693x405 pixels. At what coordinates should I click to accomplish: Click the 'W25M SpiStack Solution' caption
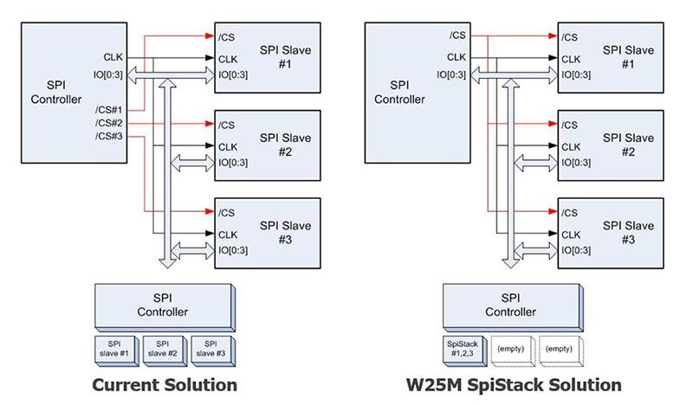(x=514, y=383)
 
